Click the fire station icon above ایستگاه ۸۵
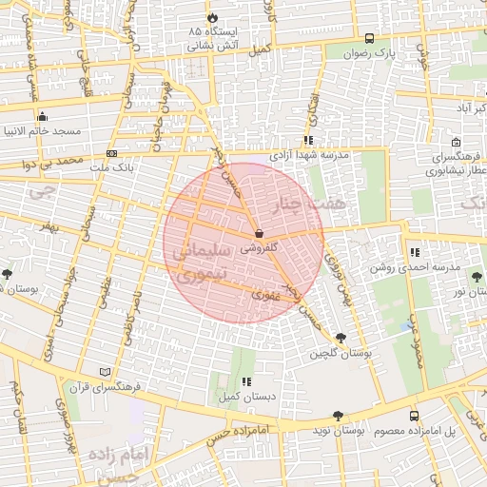click(211, 18)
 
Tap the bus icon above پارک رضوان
click(368, 38)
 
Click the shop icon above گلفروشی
click(259, 232)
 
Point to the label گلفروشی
click(259, 246)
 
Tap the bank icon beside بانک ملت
click(113, 152)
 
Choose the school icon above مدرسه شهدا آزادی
click(308, 140)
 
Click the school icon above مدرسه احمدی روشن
click(414, 253)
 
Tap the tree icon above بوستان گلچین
click(341, 337)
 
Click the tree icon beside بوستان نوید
click(338, 416)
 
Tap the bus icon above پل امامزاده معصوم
click(413, 416)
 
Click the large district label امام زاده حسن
click(117, 464)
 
